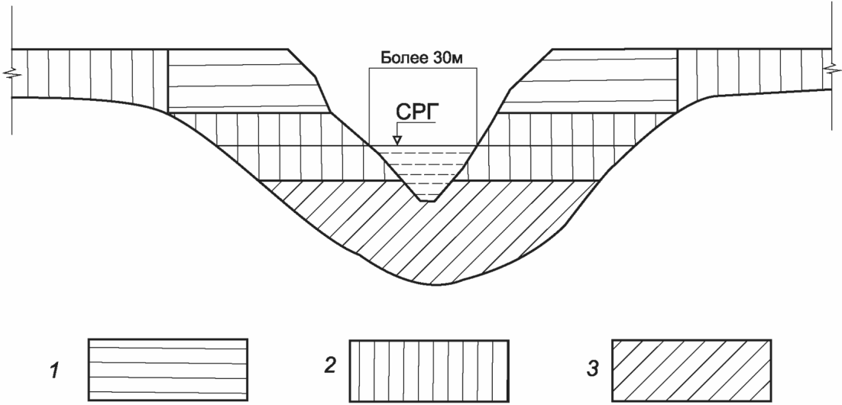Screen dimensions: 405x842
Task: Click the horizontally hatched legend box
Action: [167, 369]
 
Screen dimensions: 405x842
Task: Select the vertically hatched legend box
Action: [429, 370]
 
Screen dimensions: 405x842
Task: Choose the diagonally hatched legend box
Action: [691, 370]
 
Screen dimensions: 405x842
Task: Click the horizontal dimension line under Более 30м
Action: [423, 68]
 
